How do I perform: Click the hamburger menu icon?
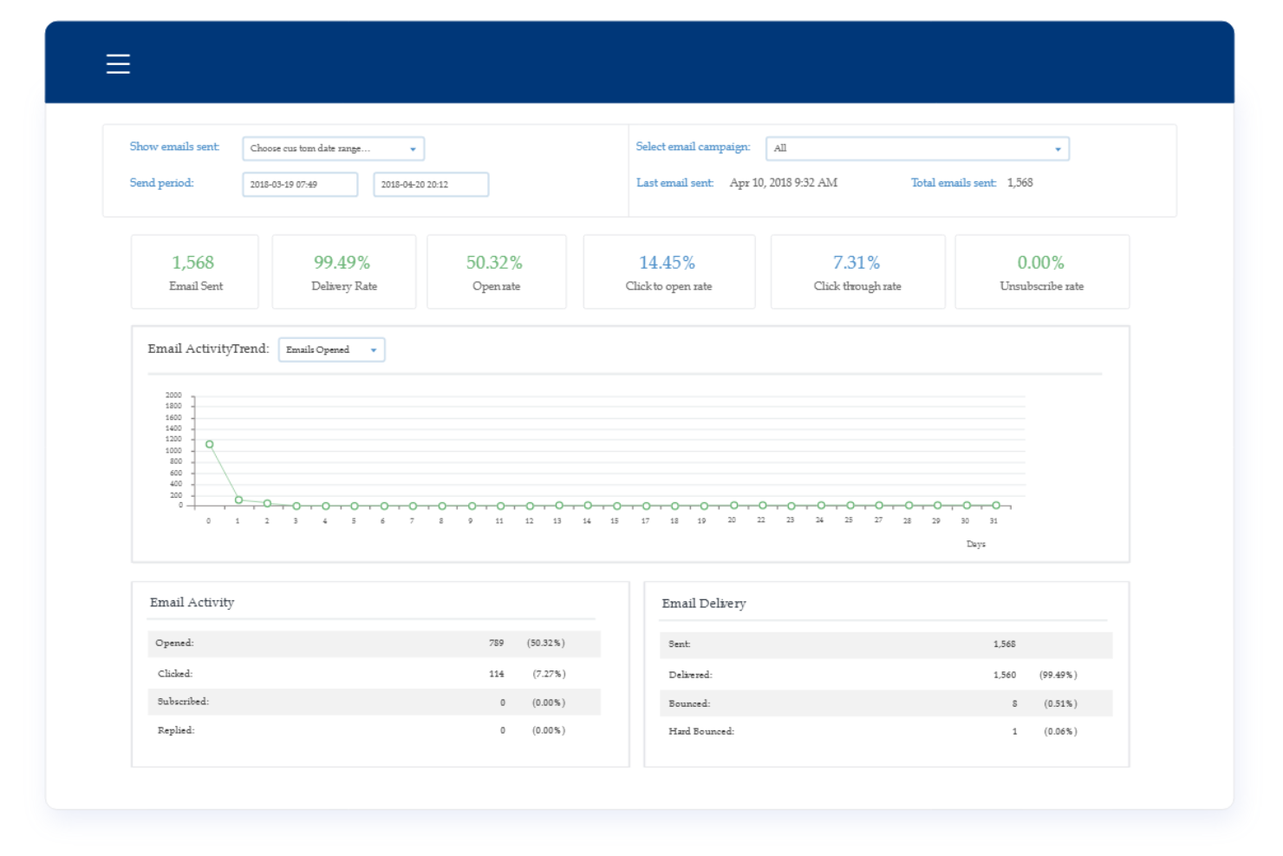tap(118, 64)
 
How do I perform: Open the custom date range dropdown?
tap(333, 148)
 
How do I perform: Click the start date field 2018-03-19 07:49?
tap(300, 185)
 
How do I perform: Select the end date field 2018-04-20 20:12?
tap(431, 185)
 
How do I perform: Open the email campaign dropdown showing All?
tap(917, 148)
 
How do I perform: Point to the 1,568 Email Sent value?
tap(192, 263)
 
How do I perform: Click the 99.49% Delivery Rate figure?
tap(342, 263)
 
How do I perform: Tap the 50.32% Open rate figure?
tap(494, 263)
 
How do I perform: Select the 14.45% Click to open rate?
tap(667, 263)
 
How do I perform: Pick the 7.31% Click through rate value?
tap(856, 263)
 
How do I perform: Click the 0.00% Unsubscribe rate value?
tap(1040, 263)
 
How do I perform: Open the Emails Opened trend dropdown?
tap(331, 350)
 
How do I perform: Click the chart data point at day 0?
tap(209, 444)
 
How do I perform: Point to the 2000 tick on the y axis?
tap(173, 395)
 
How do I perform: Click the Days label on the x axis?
tap(976, 544)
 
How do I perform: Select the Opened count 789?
tap(496, 644)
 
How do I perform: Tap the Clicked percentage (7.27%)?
tap(549, 674)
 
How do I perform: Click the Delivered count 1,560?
tap(1004, 675)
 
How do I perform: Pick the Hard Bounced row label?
tap(700, 732)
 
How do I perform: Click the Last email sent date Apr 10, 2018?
tap(783, 183)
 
